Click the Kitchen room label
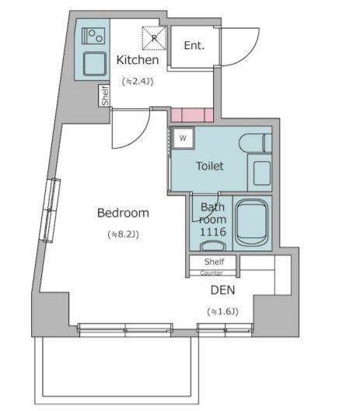138,60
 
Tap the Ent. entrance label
194,45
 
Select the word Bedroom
123,213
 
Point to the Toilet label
209,166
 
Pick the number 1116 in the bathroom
212,232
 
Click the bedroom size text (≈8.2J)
123,234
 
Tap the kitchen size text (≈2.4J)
138,80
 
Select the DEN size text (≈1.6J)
223,311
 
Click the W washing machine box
183,138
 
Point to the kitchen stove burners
94,35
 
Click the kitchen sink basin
93,62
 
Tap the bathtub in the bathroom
251,222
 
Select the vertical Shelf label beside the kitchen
104,95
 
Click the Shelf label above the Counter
214,262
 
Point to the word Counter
211,273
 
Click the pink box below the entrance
192,116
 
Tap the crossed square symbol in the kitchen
154,36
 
